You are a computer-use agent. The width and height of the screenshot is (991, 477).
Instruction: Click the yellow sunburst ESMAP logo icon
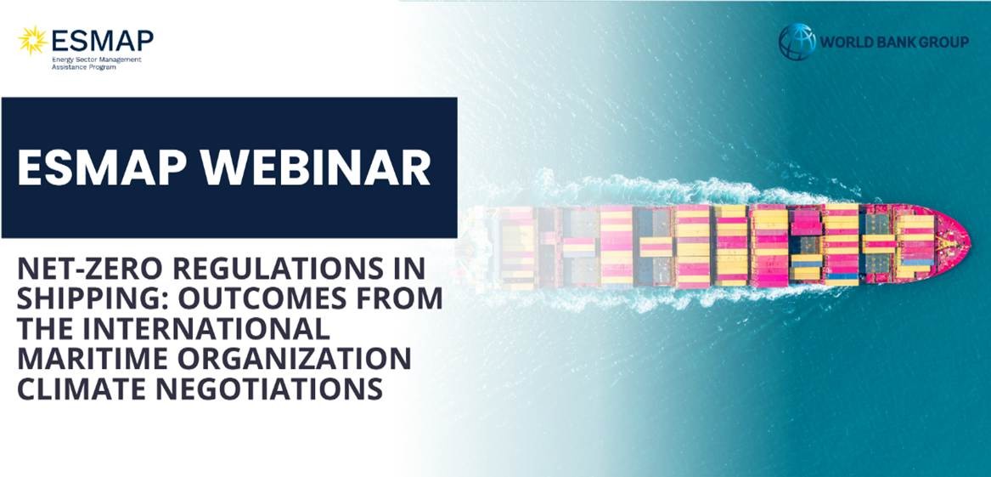33,41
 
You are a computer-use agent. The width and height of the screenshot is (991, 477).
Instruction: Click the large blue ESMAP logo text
103,41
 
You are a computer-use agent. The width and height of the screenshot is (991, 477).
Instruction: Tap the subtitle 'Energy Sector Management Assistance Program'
97,63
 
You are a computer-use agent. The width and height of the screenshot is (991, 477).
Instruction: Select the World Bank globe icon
797,42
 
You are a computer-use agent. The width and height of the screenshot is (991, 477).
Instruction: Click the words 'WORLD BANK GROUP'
894,43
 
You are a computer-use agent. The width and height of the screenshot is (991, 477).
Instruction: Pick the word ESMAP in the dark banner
103,168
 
